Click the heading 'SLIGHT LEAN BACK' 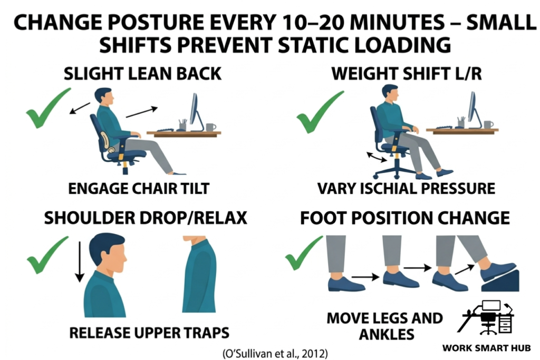[142, 74]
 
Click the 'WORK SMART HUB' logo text [486, 348]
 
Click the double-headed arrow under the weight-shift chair [376, 157]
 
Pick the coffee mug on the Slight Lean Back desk [210, 127]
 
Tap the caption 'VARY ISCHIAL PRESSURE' [406, 188]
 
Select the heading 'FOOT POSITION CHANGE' [405, 218]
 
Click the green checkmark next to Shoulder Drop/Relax [47, 256]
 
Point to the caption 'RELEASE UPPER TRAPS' [149, 333]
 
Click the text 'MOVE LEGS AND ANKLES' [384, 326]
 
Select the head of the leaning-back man [103, 98]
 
